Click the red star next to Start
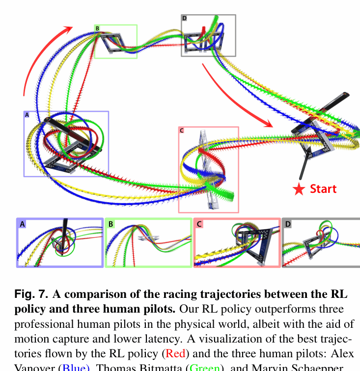pyautogui.click(x=299, y=189)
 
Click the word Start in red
pyautogui.click(x=323, y=189)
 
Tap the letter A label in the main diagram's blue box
pyautogui.click(x=27, y=114)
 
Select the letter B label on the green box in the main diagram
pyautogui.click(x=97, y=28)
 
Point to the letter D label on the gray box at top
pyautogui.click(x=184, y=18)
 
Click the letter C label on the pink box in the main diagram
pyautogui.click(x=182, y=131)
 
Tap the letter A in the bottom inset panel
pyautogui.click(x=22, y=224)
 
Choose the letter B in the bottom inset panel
pyautogui.click(x=111, y=224)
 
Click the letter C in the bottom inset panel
pyautogui.click(x=199, y=224)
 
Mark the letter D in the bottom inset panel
pyautogui.click(x=288, y=224)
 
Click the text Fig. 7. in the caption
pyautogui.click(x=31, y=294)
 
